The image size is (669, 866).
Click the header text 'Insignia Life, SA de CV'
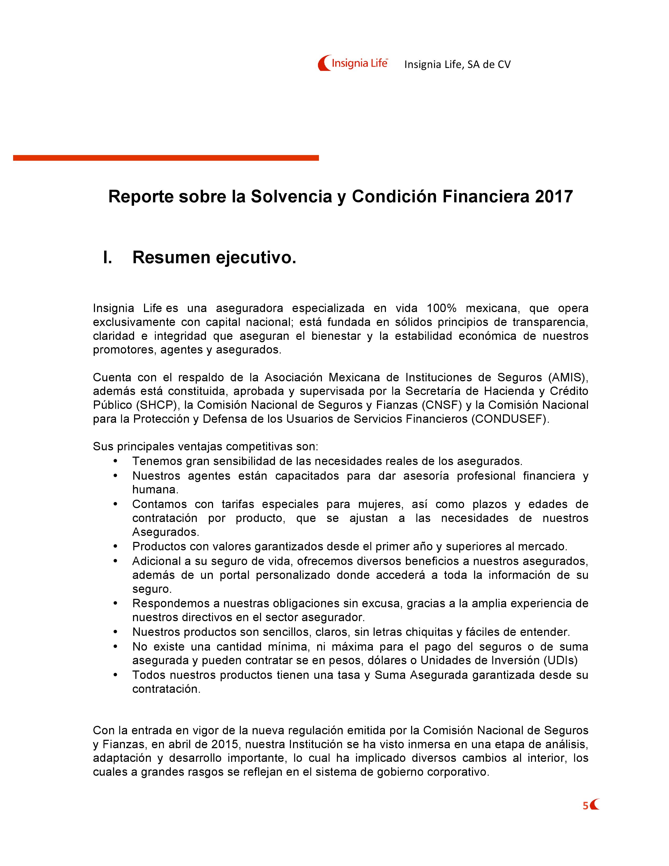click(x=457, y=65)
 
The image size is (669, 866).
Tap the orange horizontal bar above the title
click(x=166, y=158)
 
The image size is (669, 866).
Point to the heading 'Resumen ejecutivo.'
click(x=214, y=257)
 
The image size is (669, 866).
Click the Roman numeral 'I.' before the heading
click(x=107, y=257)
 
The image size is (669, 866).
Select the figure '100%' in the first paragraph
click(x=442, y=308)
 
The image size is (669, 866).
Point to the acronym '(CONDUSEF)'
click(x=510, y=419)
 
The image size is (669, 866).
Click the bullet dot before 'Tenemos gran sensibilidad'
click(x=115, y=461)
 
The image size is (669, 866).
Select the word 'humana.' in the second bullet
click(x=155, y=489)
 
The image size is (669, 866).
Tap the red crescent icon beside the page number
click(x=595, y=805)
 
